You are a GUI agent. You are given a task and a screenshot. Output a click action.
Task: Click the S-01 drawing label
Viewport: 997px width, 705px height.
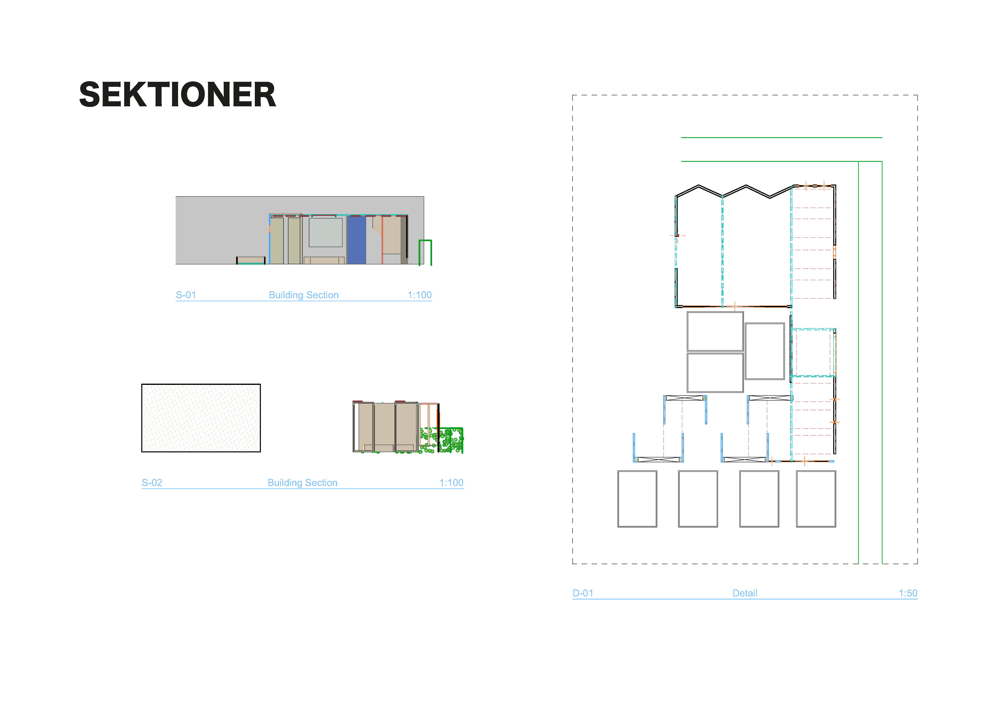tap(186, 295)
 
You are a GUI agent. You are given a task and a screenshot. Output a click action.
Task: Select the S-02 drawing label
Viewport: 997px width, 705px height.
tap(152, 483)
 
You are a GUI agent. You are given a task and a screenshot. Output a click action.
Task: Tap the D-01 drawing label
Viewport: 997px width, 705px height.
tap(583, 593)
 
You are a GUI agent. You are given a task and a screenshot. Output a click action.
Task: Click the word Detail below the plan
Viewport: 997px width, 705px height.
tap(745, 593)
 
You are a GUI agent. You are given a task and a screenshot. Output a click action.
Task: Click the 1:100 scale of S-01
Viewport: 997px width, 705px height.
tap(419, 295)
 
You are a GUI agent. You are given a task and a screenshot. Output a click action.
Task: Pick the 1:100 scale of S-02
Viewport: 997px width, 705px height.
tap(451, 483)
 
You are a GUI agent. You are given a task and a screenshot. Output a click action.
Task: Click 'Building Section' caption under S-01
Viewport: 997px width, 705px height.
tap(303, 295)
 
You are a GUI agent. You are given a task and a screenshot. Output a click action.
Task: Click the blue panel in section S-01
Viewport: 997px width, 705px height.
tap(357, 240)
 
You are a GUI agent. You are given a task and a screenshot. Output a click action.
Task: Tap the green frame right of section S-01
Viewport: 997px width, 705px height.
tap(425, 252)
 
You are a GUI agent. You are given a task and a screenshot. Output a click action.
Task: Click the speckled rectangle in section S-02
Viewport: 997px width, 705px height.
tap(201, 418)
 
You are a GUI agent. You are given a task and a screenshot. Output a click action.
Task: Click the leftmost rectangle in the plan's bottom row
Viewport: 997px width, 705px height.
tap(637, 499)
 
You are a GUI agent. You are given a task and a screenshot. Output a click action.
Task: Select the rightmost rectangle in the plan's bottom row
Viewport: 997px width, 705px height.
tap(816, 499)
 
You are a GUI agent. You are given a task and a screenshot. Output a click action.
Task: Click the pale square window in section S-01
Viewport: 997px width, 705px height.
tap(326, 232)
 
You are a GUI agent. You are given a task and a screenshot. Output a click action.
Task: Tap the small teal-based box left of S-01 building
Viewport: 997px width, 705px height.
tap(251, 260)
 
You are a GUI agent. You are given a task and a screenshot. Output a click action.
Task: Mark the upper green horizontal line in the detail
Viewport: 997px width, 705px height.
tap(782, 138)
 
